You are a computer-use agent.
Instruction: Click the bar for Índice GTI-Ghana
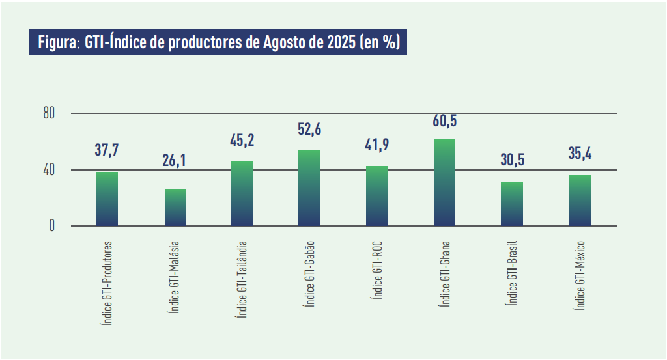point(444,182)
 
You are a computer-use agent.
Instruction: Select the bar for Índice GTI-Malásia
point(176,207)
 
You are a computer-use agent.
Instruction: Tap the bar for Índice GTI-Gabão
point(309,188)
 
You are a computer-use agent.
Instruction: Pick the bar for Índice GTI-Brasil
point(512,204)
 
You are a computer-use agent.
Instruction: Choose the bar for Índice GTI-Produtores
point(107,199)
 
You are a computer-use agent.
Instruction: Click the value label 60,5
point(444,121)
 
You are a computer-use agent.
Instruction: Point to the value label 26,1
point(175,160)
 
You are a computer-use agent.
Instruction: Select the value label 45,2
point(242,139)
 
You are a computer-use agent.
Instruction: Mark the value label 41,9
point(377,144)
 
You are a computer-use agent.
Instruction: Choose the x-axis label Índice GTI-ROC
point(376,271)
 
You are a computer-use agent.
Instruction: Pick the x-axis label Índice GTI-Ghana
point(444,273)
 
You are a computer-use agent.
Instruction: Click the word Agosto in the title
point(285,43)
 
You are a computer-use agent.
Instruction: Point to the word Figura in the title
point(58,43)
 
